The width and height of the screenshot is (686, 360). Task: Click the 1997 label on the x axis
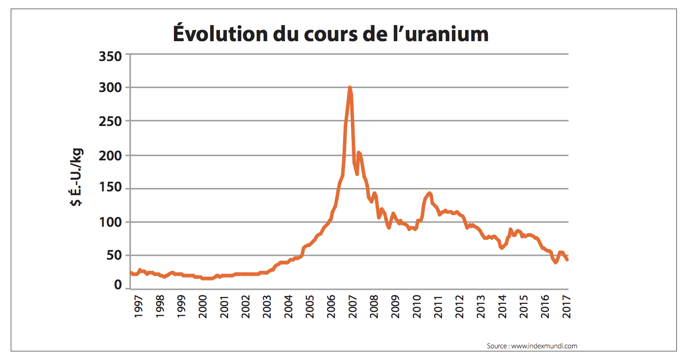pos(139,306)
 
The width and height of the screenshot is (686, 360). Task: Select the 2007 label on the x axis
pos(353,306)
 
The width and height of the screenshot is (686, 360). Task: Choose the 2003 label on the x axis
pos(267,306)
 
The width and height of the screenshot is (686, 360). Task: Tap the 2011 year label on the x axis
pos(438,306)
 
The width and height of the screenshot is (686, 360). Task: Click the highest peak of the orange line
pos(350,88)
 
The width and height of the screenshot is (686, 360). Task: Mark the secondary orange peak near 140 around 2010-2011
pos(429,193)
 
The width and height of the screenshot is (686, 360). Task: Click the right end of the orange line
pos(567,260)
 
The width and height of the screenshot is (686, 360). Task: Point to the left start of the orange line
pos(129,273)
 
